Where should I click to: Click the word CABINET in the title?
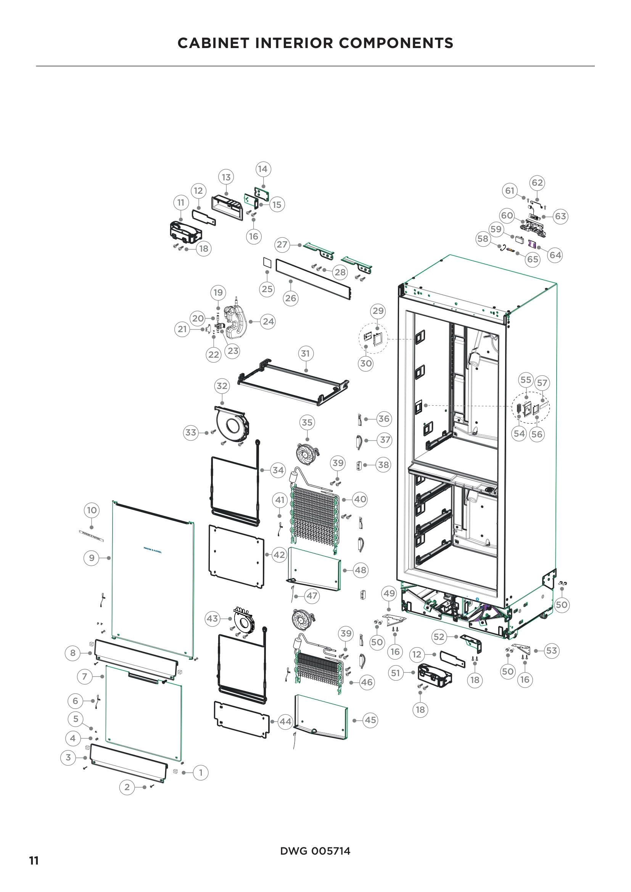click(x=213, y=43)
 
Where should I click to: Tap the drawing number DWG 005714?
click(x=315, y=851)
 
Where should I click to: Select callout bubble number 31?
click(x=306, y=354)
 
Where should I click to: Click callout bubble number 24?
click(x=268, y=322)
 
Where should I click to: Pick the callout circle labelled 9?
click(x=91, y=558)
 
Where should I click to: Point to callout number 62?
click(x=537, y=183)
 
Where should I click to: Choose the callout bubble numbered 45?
click(x=370, y=720)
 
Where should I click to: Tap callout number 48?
click(x=360, y=570)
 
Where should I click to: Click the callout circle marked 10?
click(x=92, y=510)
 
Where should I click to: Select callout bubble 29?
click(x=378, y=311)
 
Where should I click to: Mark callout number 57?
click(x=542, y=383)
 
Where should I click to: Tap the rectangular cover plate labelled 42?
click(x=236, y=556)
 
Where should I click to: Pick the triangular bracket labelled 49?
click(x=393, y=618)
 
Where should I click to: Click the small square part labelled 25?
click(x=267, y=262)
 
